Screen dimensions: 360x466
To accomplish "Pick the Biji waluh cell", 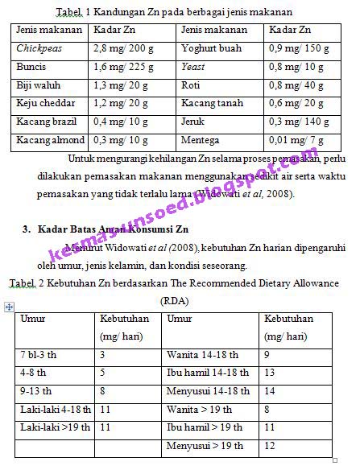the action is pyautogui.click(x=37, y=85).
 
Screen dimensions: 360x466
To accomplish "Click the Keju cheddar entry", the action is pyautogui.click(x=42, y=104).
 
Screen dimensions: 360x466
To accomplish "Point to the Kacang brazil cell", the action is pyautogui.click(x=43, y=122).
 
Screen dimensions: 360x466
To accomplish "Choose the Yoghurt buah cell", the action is pyautogui.click(x=211, y=48).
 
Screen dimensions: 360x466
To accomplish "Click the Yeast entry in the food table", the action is pyautogui.click(x=193, y=67).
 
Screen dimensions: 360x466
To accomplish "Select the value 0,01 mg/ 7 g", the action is pyautogui.click(x=295, y=140).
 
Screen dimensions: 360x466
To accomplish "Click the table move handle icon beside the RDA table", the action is pyautogui.click(x=9, y=307).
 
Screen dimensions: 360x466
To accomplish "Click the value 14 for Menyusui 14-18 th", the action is pyautogui.click(x=269, y=392).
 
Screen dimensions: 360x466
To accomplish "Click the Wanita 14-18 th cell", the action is pyautogui.click(x=202, y=355).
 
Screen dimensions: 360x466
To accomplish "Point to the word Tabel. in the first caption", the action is pyautogui.click(x=70, y=13).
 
